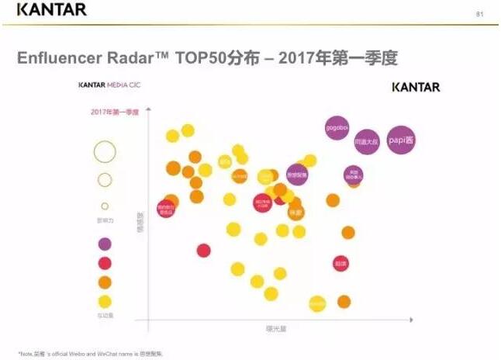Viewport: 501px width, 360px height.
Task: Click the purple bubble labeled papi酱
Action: (401, 140)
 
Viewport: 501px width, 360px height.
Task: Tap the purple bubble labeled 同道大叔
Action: (366, 142)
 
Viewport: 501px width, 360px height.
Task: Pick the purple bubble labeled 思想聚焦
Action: (297, 175)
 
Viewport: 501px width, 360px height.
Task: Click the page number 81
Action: (479, 14)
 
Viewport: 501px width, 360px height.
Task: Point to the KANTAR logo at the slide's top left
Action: (51, 10)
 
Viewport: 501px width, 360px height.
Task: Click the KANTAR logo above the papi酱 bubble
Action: (416, 86)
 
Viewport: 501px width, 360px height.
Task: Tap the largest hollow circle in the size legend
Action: (105, 151)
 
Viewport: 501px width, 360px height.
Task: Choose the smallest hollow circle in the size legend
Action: (105, 206)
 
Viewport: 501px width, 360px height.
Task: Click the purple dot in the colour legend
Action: (105, 244)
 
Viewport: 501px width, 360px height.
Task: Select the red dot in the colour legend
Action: (105, 263)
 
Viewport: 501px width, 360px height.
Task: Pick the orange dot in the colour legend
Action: (105, 282)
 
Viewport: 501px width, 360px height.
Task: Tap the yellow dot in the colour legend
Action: (105, 302)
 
